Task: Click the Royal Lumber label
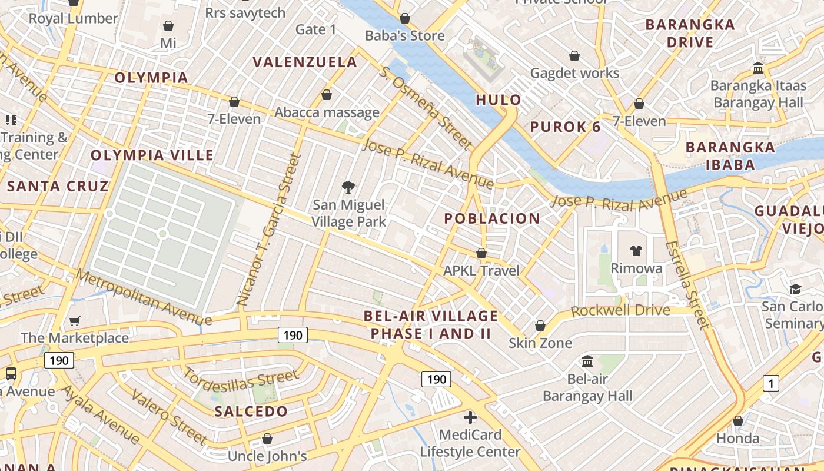[74, 18]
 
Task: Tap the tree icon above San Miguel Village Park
[348, 188]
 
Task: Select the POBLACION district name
[492, 218]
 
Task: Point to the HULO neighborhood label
[499, 99]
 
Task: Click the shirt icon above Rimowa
[636, 251]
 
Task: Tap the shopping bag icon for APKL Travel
[481, 253]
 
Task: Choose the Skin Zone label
[540, 343]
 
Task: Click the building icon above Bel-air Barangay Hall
[587, 361]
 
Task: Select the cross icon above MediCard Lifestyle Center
[470, 417]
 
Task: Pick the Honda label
[738, 439]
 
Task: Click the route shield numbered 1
[771, 384]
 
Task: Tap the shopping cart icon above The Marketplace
[75, 321]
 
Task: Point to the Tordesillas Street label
[241, 379]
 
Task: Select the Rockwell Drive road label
[620, 310]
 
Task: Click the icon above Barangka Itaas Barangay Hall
[758, 68]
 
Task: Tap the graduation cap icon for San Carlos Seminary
[796, 289]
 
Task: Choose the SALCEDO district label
[251, 411]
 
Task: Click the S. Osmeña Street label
[426, 107]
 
